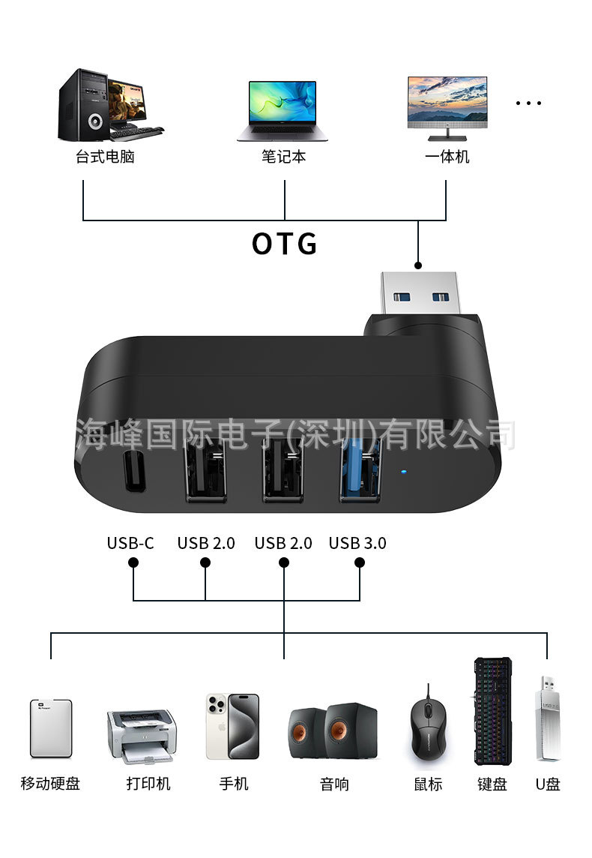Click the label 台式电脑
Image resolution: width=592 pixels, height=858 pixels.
point(105,157)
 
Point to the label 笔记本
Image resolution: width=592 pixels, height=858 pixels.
point(283,157)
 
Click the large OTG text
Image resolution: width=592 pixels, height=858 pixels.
point(284,244)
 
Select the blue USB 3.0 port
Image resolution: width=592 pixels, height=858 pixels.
point(360,471)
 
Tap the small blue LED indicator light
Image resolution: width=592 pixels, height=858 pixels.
point(403,473)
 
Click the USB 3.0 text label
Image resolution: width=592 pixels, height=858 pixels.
point(357,543)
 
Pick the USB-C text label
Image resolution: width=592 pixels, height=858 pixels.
point(130,543)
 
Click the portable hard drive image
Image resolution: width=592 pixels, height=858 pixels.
point(51,728)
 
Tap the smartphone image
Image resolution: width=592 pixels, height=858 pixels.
point(232,727)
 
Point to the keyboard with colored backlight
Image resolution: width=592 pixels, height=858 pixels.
point(492,711)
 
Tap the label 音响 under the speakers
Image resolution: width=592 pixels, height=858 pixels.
point(334,784)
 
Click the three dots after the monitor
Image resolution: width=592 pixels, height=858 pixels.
point(528,103)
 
